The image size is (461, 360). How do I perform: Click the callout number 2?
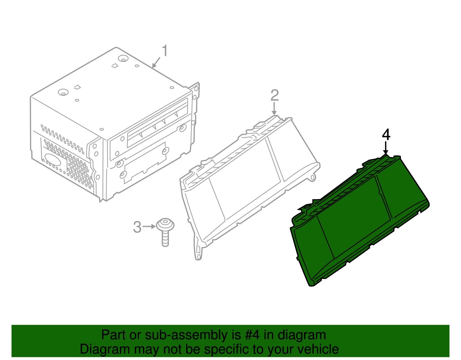coord(275,95)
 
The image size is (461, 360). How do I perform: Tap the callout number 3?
coord(137,227)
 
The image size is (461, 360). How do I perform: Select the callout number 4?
coord(386,135)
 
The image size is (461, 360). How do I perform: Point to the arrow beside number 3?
coord(149,227)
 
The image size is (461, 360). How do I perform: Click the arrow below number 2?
coord(274,109)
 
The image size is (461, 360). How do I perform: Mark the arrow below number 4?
coord(386,148)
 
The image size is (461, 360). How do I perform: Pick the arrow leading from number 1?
coord(156,63)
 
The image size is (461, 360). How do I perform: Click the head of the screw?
coord(165,225)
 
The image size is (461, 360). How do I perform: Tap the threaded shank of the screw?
coord(165,239)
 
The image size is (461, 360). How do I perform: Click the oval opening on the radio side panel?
coord(53,159)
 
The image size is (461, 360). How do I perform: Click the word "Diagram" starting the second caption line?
coord(105,350)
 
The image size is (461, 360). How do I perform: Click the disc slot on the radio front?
coord(158,123)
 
